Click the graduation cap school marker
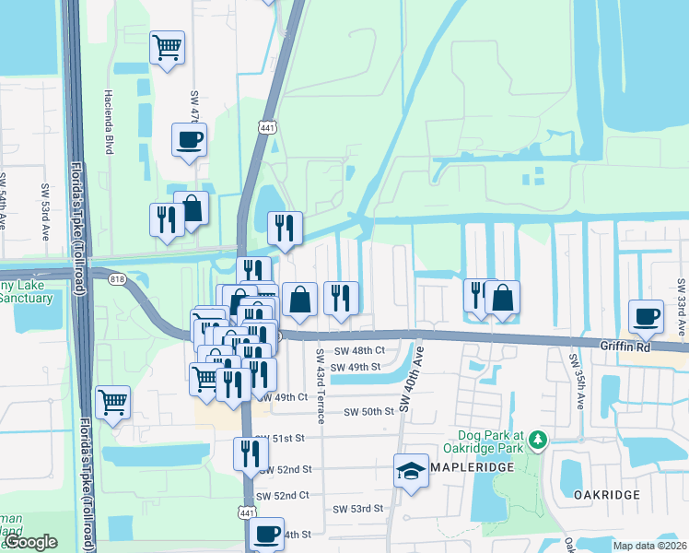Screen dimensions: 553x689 [412, 472]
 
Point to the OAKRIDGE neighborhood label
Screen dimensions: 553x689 [607, 495]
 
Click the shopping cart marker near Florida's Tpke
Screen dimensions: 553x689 [112, 402]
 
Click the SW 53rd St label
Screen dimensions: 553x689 [358, 509]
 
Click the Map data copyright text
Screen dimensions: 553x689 [650, 546]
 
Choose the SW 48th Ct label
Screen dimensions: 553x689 [358, 351]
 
